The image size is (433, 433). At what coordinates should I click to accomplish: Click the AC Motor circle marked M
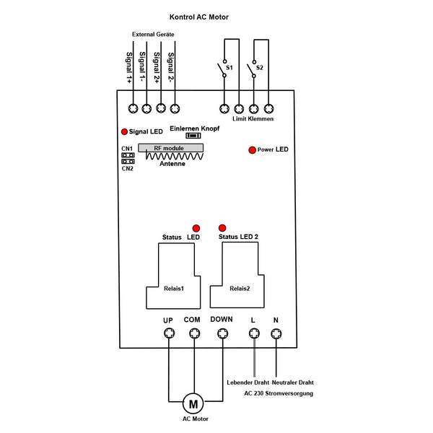pos(193,403)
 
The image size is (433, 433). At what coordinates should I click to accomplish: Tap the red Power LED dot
pos(252,150)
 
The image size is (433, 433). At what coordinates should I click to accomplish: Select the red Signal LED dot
pos(125,132)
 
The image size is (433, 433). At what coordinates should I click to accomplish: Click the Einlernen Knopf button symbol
pos(193,136)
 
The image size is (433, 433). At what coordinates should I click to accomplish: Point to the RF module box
pos(170,148)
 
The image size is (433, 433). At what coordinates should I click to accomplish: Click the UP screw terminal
pos(170,333)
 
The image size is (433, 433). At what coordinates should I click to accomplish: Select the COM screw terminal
pos(195,333)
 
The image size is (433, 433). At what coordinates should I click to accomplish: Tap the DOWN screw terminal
pos(222,333)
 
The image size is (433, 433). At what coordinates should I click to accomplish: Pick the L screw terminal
pos(254,333)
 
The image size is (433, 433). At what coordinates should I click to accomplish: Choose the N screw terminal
pos(276,333)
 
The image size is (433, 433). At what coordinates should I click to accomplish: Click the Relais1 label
pos(174,289)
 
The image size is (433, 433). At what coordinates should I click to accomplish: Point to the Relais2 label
pos(240,289)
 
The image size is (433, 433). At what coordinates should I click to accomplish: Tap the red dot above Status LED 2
pos(222,228)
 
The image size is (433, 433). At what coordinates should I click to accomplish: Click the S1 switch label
pos(229,68)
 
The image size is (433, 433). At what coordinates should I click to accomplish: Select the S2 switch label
pos(260,68)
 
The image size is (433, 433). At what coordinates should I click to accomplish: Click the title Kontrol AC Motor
pos(199,17)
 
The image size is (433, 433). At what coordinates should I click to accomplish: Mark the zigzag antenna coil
pos(175,157)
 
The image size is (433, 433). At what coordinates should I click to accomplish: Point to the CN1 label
pos(127,149)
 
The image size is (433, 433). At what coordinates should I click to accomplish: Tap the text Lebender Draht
pos(248,382)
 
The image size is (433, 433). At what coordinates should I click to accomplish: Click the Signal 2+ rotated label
pos(157,67)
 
